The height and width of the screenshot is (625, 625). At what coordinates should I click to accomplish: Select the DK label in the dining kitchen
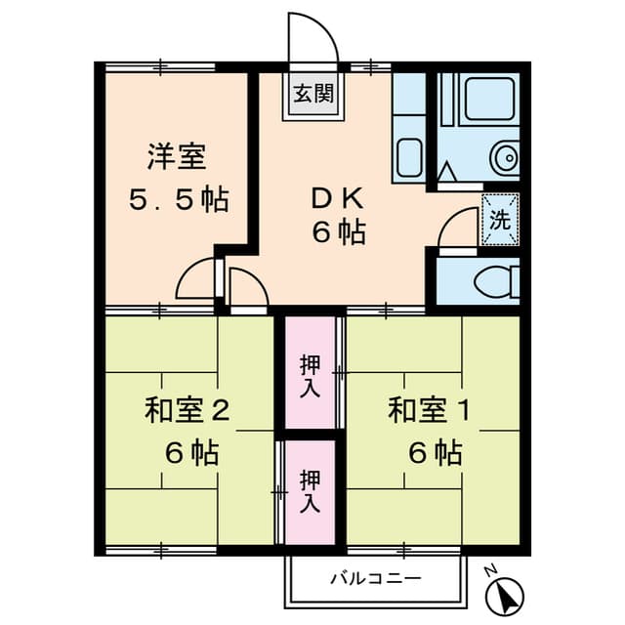click(x=338, y=196)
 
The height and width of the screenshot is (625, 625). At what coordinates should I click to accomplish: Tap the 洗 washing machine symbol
click(x=499, y=219)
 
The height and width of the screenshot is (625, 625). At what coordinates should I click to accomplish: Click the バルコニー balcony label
click(x=375, y=578)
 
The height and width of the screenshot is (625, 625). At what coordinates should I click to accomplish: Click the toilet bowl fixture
click(x=492, y=281)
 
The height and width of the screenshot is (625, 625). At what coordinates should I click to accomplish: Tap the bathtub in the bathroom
click(x=490, y=101)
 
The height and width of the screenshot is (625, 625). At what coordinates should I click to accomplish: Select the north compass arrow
click(x=507, y=591)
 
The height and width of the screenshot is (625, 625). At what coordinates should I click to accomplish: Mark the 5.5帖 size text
click(x=179, y=200)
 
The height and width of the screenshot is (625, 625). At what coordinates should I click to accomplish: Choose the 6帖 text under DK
click(x=339, y=234)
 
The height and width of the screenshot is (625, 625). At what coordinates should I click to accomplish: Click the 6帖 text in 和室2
click(x=191, y=453)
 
